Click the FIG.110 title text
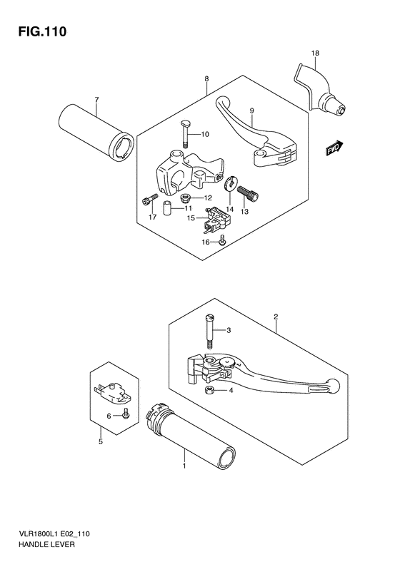point(43,31)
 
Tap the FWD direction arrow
point(335,148)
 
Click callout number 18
point(315,53)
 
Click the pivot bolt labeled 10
point(185,134)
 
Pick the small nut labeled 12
point(186,197)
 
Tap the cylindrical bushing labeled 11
point(168,208)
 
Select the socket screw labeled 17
point(150,199)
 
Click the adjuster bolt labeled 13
point(248,194)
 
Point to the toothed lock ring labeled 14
point(229,184)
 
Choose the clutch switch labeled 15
point(216,219)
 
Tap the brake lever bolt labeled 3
point(209,331)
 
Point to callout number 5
point(101,441)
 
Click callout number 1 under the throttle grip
point(184,466)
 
